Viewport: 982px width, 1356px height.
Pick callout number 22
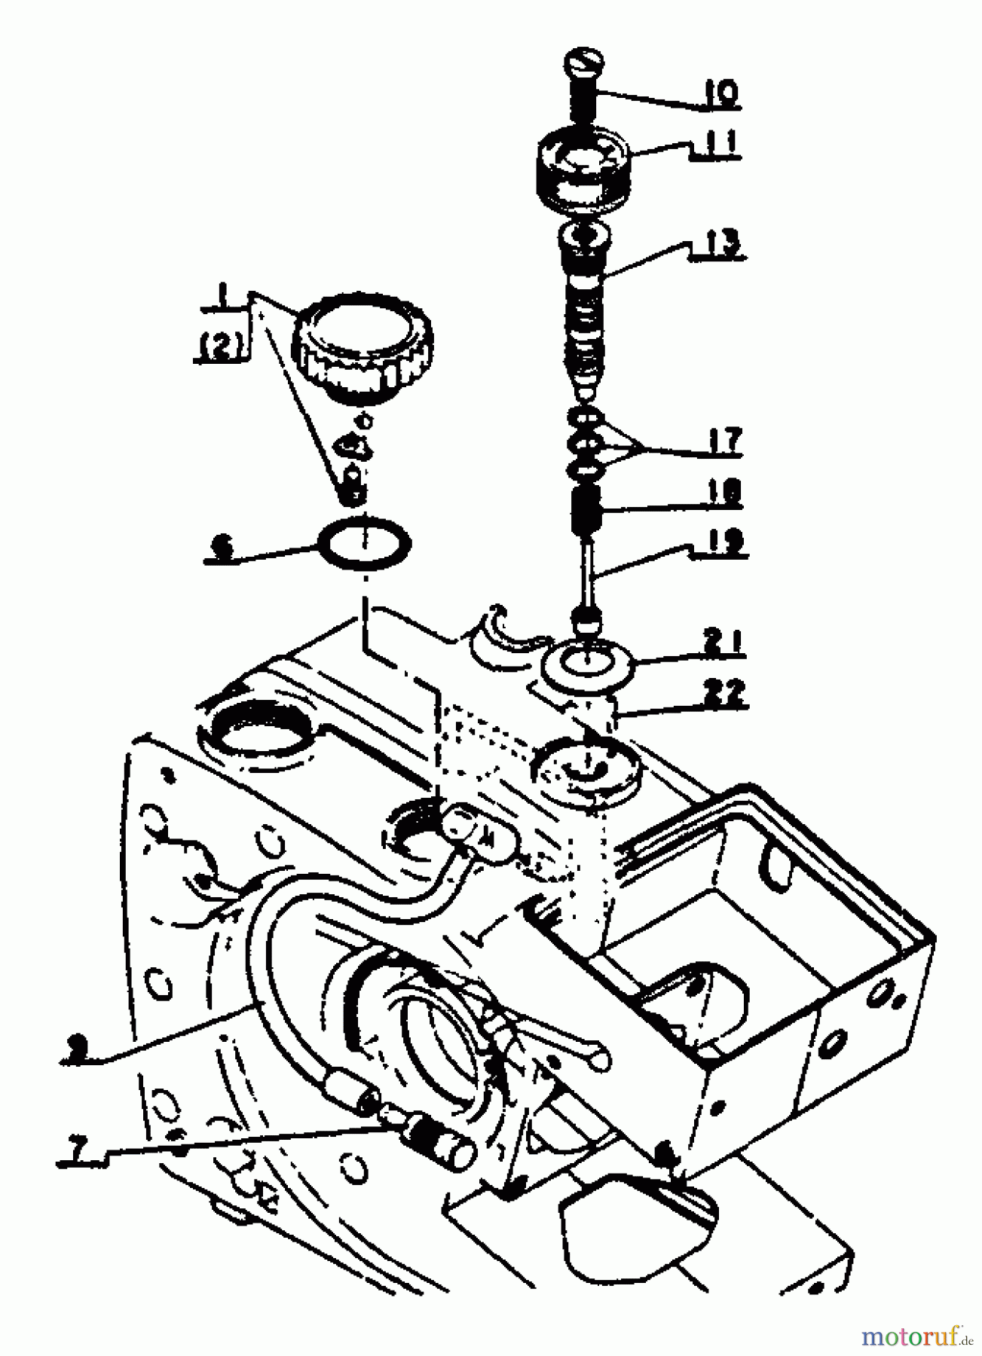[722, 693]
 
